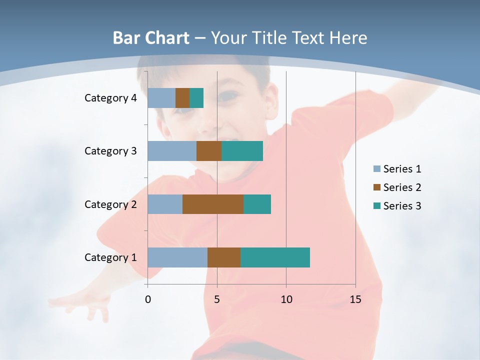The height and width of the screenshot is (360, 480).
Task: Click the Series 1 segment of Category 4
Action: click(161, 98)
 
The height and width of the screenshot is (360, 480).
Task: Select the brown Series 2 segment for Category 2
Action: click(213, 204)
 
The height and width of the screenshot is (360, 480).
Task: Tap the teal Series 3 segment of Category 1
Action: click(275, 257)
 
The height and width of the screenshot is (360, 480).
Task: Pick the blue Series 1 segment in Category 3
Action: click(172, 151)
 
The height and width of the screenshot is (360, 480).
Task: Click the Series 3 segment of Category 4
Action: click(196, 98)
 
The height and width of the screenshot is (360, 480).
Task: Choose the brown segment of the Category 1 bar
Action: click(224, 257)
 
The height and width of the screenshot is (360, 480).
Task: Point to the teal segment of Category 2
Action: click(257, 204)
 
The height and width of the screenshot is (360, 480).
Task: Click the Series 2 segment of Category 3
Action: click(209, 151)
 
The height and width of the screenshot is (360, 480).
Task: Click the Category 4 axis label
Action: click(110, 98)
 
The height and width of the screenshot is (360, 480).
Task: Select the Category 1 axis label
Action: click(110, 257)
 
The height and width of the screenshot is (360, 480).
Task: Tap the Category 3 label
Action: click(110, 151)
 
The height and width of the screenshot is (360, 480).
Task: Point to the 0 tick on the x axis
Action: click(148, 299)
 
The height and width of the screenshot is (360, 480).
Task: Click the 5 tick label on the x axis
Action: click(217, 299)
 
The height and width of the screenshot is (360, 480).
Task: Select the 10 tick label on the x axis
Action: click(286, 299)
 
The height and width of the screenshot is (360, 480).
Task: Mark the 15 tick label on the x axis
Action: click(355, 299)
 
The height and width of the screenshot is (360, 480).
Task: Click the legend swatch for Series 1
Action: click(376, 169)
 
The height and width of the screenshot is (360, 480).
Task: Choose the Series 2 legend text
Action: click(402, 187)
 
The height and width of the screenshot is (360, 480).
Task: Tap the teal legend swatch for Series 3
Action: click(376, 206)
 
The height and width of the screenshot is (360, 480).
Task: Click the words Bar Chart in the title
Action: click(151, 38)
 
